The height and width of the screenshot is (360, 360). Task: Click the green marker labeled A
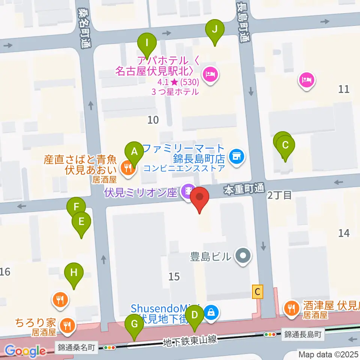click(x=134, y=152)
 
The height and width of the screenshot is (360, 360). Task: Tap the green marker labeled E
click(x=81, y=222)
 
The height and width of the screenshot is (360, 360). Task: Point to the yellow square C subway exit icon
click(x=257, y=291)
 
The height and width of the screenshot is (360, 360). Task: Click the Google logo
click(x=25, y=351)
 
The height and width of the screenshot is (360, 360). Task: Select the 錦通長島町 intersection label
click(x=303, y=334)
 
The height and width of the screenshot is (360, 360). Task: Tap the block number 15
click(x=174, y=277)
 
